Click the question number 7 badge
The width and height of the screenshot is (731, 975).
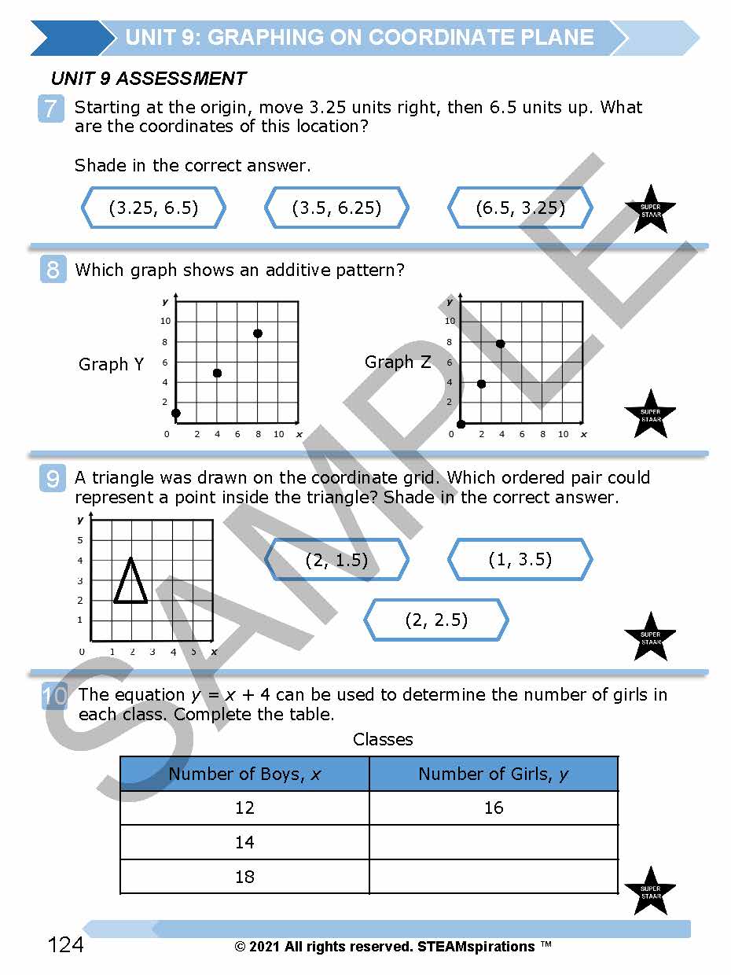pos(50,109)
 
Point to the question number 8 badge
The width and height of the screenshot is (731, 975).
pos(53,270)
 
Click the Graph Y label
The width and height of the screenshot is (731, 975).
pos(111,364)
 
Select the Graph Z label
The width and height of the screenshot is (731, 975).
pos(398,362)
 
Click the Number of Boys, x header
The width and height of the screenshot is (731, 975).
pos(244,774)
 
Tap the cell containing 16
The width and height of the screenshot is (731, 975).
pos(494,808)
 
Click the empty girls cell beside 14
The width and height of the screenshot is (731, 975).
pos(494,842)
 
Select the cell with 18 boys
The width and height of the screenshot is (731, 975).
pos(244,877)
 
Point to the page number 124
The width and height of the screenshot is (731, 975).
pos(65,944)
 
